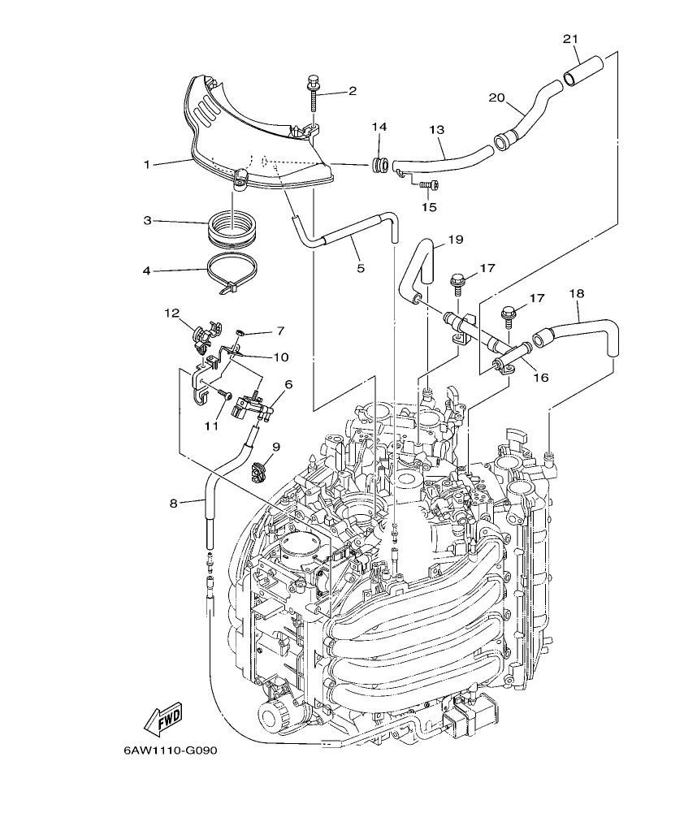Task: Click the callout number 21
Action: pos(570,38)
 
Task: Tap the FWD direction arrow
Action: pos(163,716)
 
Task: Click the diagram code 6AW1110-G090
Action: pos(171,750)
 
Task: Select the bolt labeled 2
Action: pos(313,96)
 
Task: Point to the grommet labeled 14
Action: pos(379,166)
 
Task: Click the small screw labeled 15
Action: pos(423,185)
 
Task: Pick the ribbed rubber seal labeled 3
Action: pos(233,227)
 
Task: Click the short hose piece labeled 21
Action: pos(582,70)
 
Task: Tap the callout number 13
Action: pos(437,130)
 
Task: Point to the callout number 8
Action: pos(173,504)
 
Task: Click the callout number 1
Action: pos(148,165)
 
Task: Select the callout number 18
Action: pos(578,293)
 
